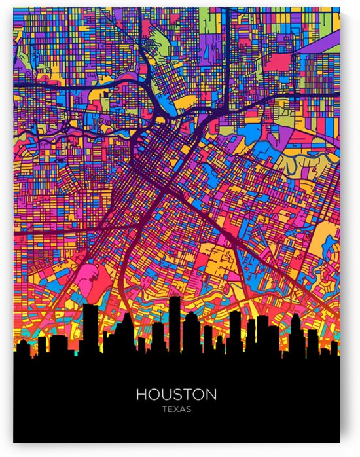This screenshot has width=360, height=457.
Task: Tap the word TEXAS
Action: tap(177, 409)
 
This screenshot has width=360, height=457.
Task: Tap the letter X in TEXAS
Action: tap(176, 409)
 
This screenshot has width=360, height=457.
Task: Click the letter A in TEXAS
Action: tap(183, 409)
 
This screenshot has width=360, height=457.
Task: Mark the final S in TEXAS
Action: tap(189, 409)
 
